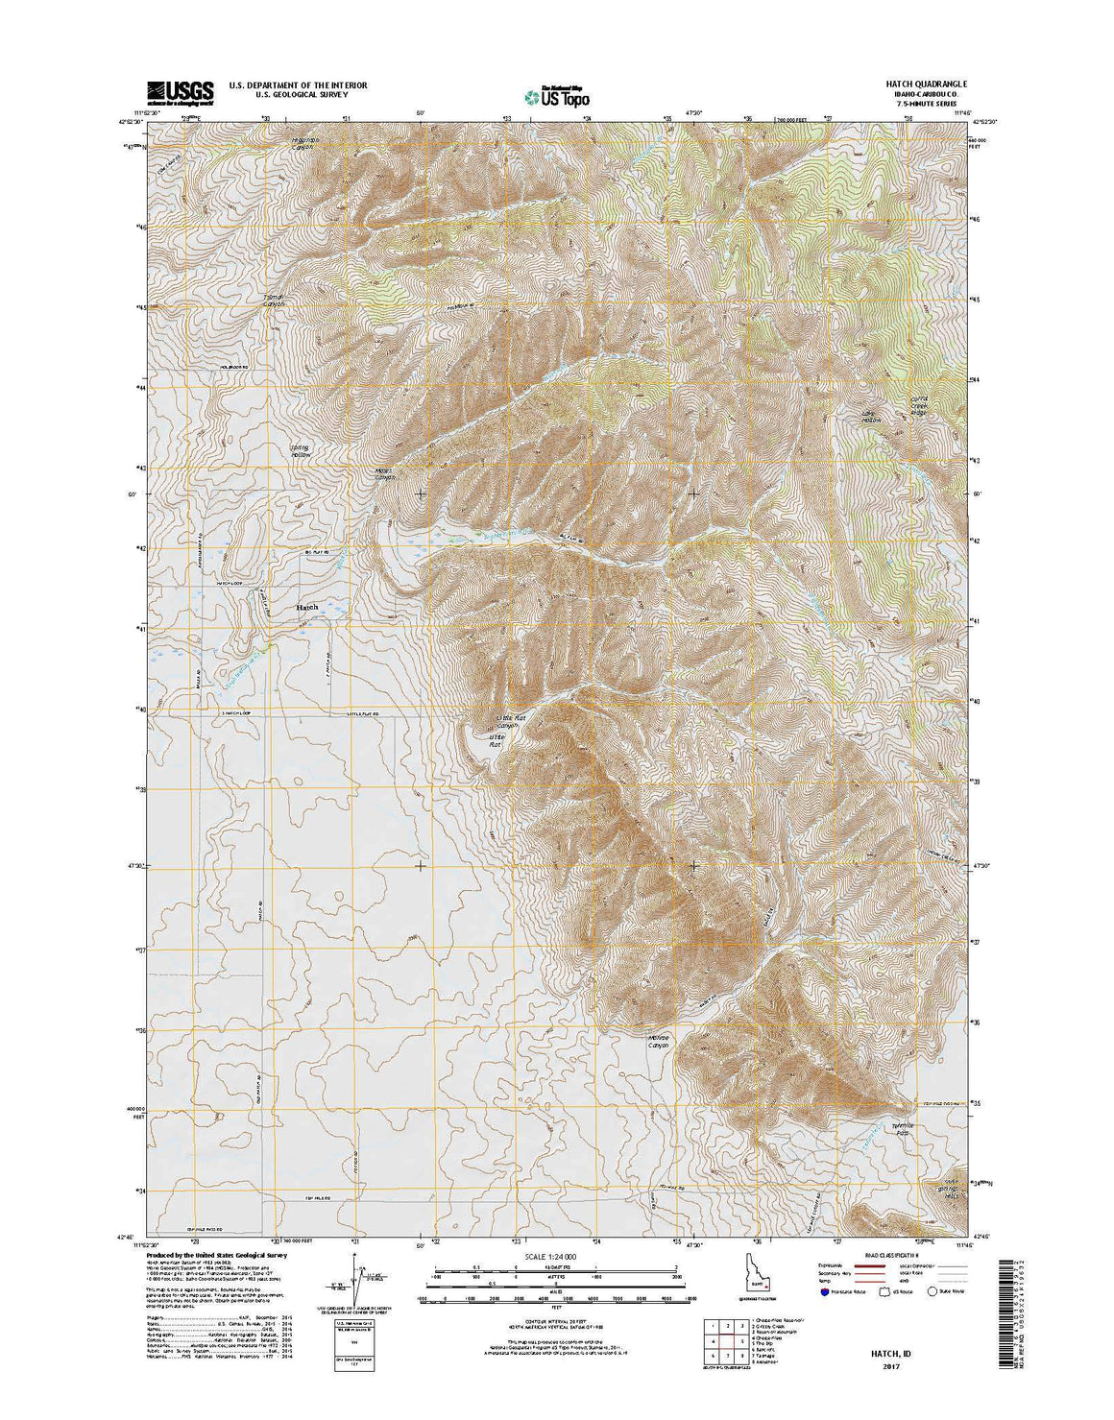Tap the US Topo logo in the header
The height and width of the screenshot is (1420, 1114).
pos(557,95)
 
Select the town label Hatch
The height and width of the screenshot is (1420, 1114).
pos(306,608)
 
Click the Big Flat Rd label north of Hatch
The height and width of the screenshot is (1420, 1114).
pos(318,554)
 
